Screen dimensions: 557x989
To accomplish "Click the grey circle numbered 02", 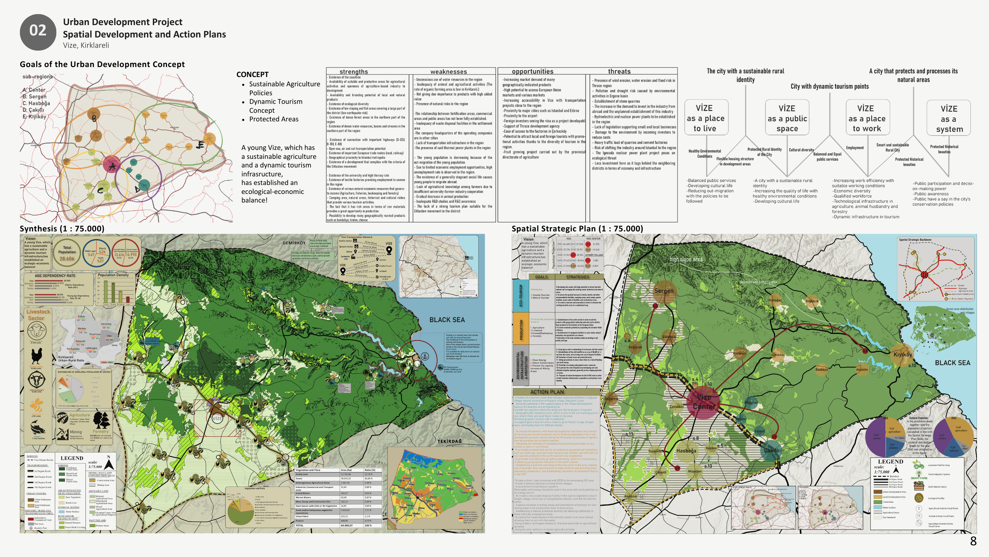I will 38,32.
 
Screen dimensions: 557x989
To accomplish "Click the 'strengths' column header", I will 354,72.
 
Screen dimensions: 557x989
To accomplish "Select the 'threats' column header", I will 619,72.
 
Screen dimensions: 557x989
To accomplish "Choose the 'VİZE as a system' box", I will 949,118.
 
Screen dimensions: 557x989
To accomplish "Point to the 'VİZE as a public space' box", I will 787,118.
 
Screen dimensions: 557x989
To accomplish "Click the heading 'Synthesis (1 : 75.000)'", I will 62,229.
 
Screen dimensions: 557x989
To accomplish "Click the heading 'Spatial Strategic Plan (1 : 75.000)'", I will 577,229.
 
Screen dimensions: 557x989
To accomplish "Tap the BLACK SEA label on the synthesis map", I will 447,320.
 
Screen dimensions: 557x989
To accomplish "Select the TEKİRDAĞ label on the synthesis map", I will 449,441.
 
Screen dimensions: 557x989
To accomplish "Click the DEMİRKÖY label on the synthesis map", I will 294,243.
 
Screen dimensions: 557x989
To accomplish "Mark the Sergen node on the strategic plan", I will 663,291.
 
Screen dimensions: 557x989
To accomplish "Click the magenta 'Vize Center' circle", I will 703,402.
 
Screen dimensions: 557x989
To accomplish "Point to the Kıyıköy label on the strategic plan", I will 902,354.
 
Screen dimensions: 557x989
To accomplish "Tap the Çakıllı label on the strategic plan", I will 771,450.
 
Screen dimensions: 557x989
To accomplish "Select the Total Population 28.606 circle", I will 67,253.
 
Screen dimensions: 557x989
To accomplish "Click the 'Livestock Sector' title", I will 38,315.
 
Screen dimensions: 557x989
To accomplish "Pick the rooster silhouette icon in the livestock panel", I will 36,356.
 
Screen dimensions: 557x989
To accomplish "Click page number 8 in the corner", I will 973,541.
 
